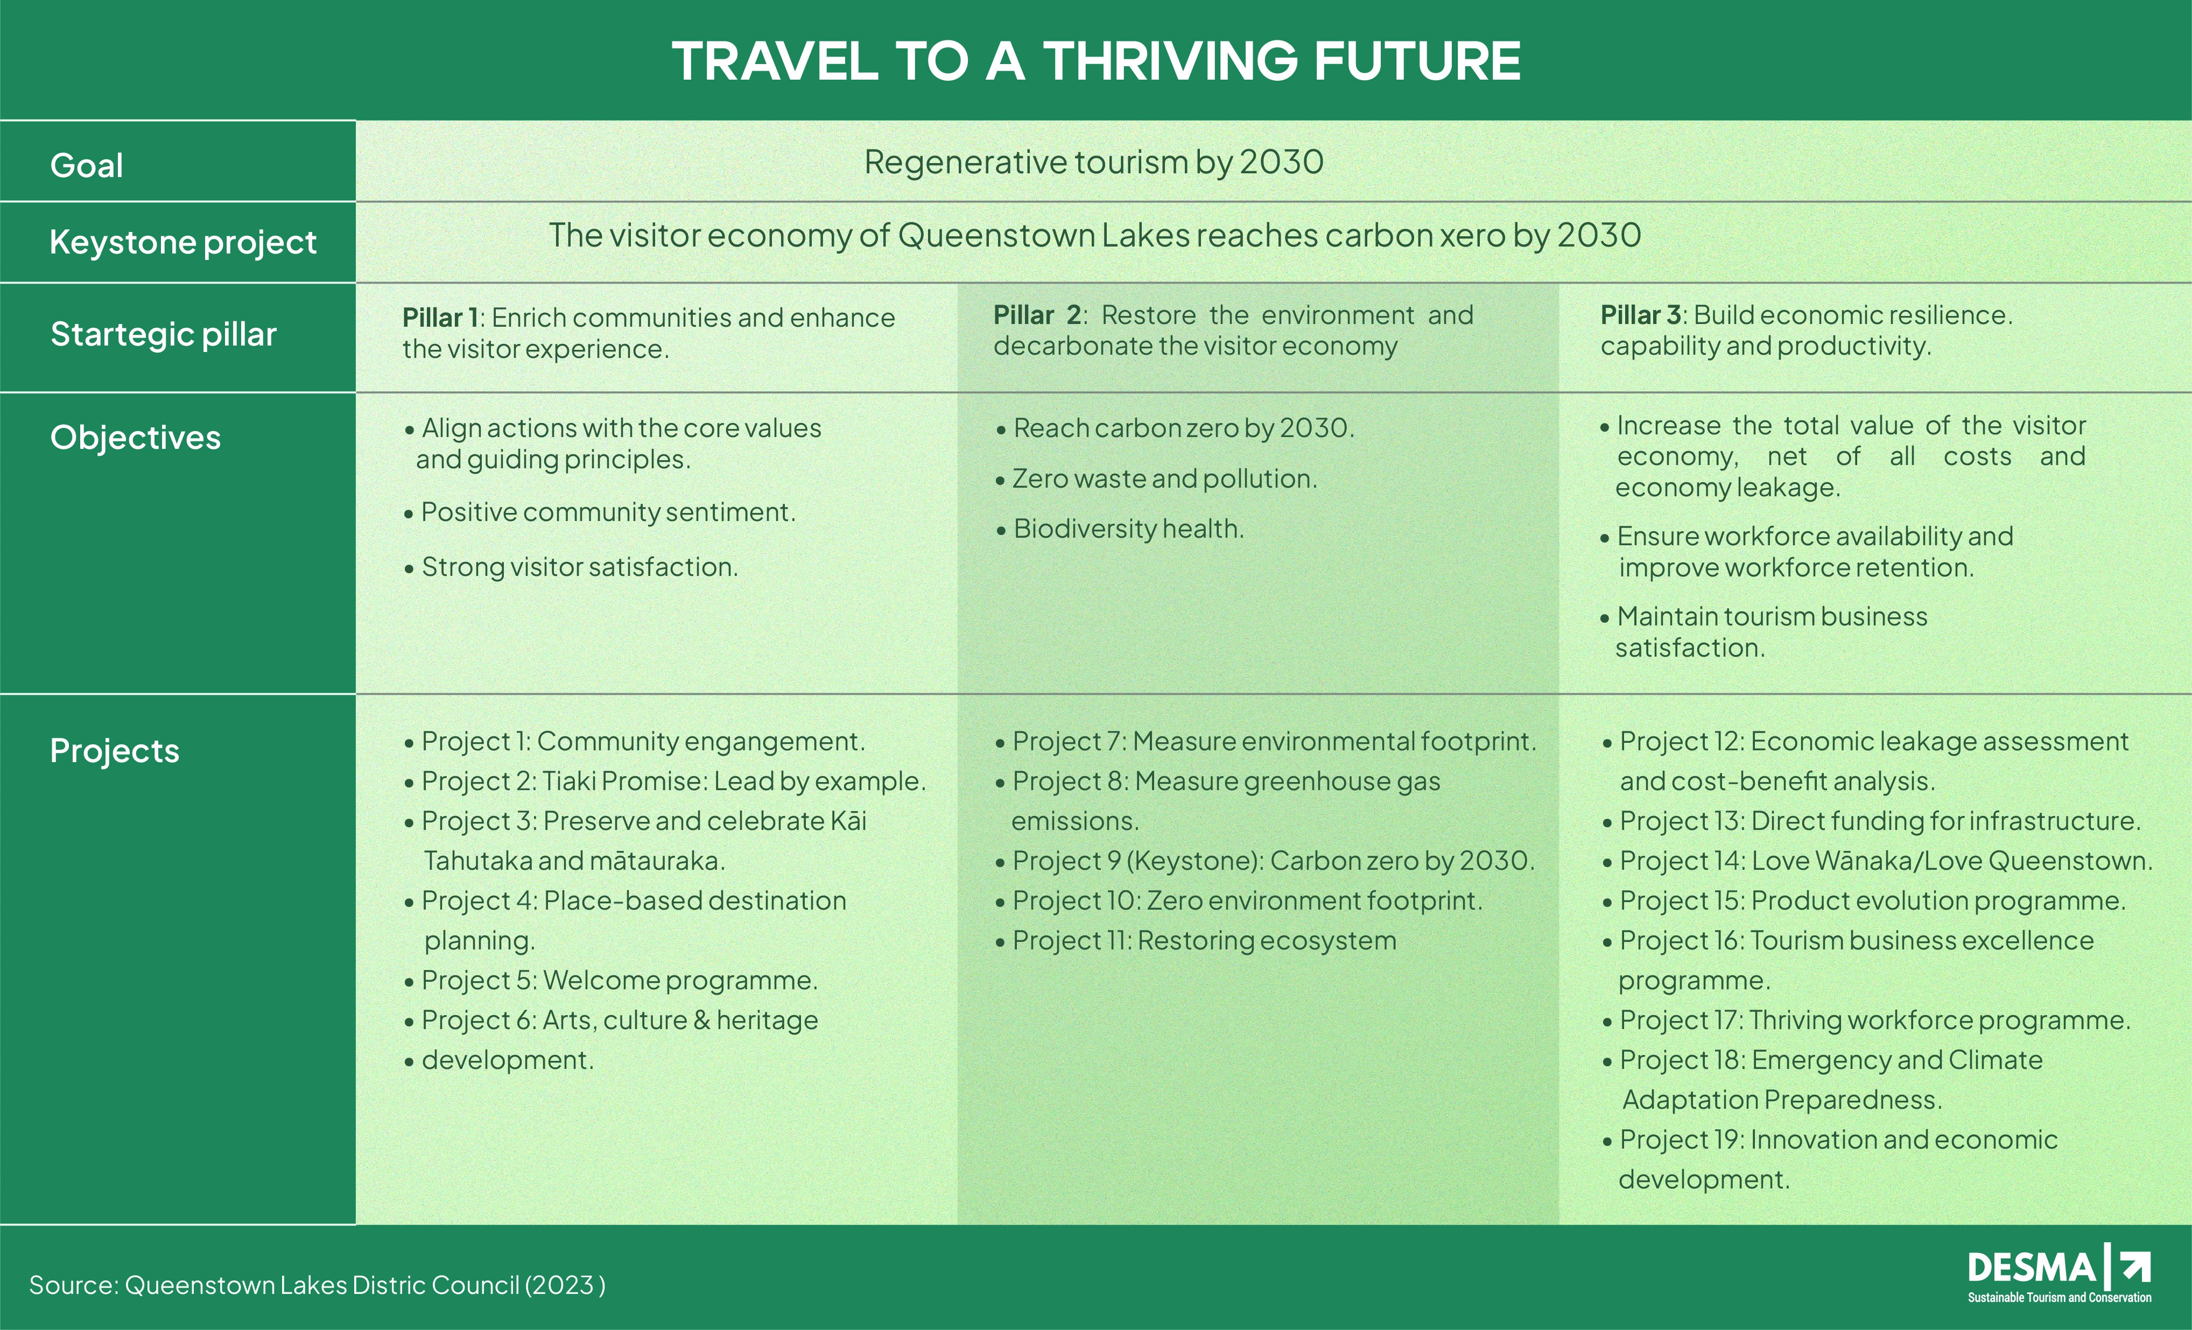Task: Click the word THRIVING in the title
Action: click(x=1171, y=61)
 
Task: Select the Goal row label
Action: click(x=86, y=165)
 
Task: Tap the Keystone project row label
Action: click(x=183, y=243)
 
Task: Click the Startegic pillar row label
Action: click(x=164, y=334)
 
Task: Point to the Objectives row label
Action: click(x=135, y=438)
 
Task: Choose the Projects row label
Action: click(x=115, y=751)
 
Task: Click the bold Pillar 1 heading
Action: click(x=440, y=318)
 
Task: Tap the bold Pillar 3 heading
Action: click(x=1640, y=315)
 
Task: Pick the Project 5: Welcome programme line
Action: click(x=611, y=980)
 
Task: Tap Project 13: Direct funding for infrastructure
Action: click(x=1872, y=821)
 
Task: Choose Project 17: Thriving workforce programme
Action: click(x=1866, y=1021)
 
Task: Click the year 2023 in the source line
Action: click(x=563, y=1285)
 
